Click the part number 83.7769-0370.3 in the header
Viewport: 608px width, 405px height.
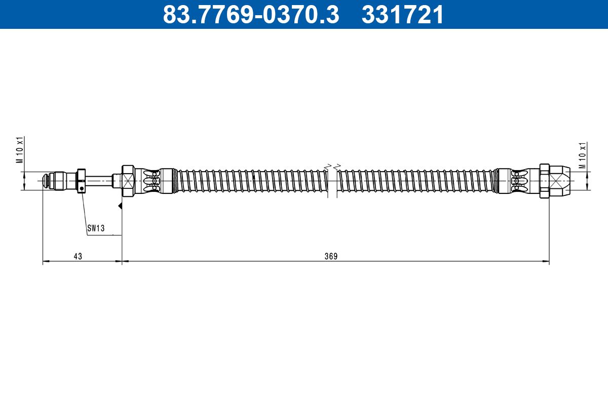click(251, 15)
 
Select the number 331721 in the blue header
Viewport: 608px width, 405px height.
click(402, 15)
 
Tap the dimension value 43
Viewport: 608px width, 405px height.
click(78, 256)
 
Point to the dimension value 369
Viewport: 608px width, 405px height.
click(331, 256)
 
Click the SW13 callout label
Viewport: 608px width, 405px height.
click(96, 228)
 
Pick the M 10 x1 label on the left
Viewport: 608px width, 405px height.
click(20, 150)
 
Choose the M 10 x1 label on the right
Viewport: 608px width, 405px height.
click(583, 155)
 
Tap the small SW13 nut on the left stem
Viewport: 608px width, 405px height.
click(82, 181)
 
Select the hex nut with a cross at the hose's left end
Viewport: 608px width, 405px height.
click(128, 181)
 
